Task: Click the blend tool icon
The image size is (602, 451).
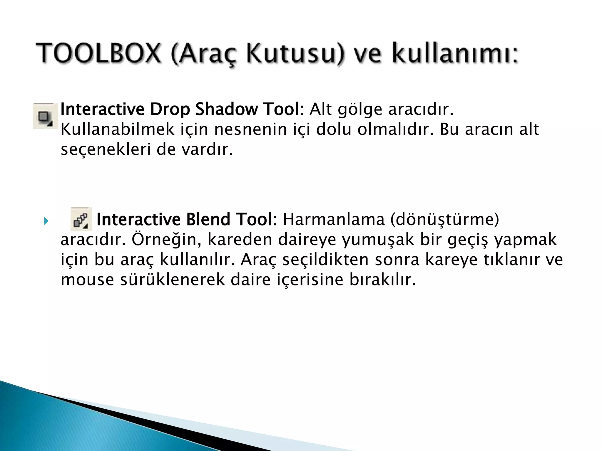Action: (81, 219)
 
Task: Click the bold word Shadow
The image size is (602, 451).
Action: (226, 109)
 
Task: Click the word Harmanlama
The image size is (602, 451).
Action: (334, 219)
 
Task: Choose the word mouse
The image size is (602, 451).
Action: (87, 280)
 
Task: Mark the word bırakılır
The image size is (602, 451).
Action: (383, 280)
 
